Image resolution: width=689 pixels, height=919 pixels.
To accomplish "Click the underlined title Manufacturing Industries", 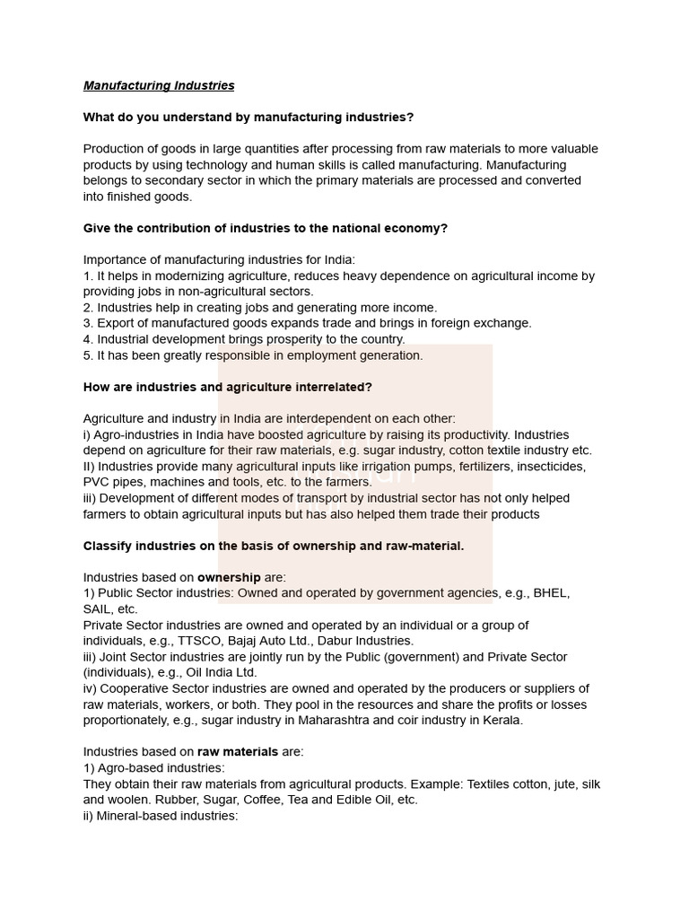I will (159, 85).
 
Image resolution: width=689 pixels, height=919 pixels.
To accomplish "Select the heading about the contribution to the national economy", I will (265, 228).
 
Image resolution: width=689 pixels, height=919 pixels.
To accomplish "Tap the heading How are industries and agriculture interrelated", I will (227, 387).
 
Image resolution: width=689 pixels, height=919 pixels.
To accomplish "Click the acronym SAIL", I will (98, 609).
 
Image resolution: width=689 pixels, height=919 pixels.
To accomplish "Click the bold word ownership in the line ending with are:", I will (229, 577).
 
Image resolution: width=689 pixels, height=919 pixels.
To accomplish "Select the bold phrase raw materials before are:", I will (238, 751).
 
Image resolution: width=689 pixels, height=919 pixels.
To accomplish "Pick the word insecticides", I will (546, 467).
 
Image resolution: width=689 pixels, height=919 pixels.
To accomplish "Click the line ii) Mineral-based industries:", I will (160, 815).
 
